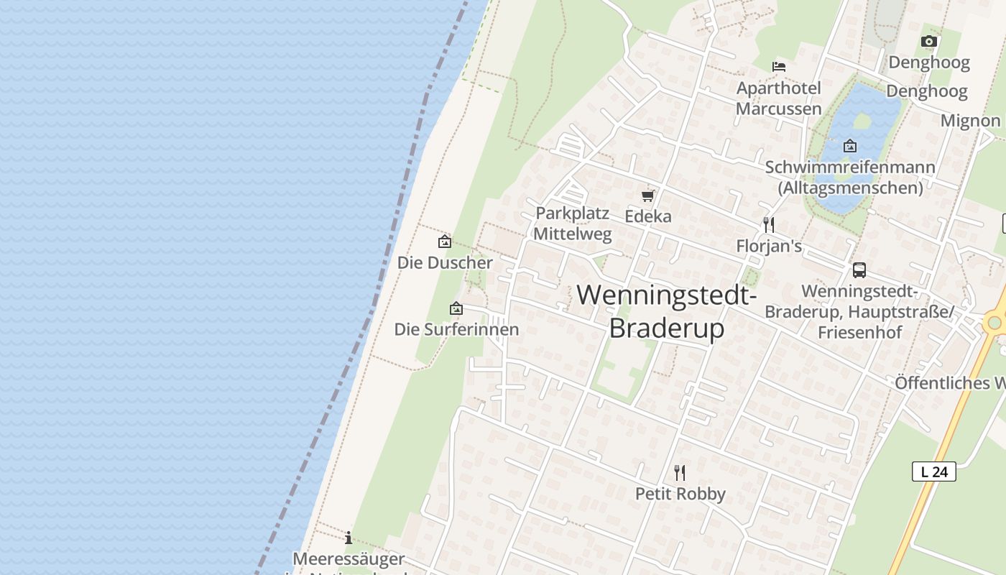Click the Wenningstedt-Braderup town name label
click(666, 310)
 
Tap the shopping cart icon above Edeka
click(648, 195)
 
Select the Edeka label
click(648, 216)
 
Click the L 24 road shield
click(934, 471)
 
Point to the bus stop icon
click(859, 270)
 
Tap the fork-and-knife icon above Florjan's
click(769, 225)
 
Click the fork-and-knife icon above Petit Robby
click(680, 472)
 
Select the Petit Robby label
click(680, 494)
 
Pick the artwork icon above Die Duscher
click(445, 241)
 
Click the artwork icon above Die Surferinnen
click(456, 308)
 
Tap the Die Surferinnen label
click(456, 330)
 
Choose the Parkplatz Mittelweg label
click(573, 224)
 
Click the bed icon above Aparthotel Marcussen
click(779, 66)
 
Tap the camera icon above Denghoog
click(929, 42)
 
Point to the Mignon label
click(970, 121)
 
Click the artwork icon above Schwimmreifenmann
click(850, 146)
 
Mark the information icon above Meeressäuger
click(349, 538)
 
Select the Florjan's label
click(769, 247)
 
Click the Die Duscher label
click(445, 263)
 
